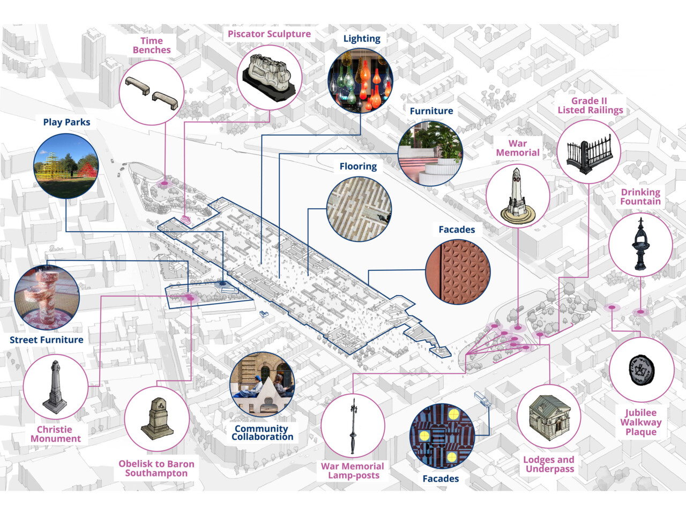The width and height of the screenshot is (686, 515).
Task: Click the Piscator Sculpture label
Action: [x=269, y=34]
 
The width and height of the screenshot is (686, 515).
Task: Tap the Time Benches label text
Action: [x=152, y=46]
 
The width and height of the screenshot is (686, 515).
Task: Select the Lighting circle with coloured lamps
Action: [x=360, y=80]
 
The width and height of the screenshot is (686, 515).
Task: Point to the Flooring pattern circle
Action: [x=359, y=209]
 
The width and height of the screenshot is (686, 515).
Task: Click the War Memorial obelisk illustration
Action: [x=518, y=196]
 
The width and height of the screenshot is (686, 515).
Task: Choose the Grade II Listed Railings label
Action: [x=590, y=106]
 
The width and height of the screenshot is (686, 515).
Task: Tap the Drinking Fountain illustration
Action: [x=640, y=244]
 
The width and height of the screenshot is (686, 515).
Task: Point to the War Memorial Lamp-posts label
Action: [x=353, y=470]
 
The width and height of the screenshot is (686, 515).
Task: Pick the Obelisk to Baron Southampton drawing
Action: [x=157, y=418]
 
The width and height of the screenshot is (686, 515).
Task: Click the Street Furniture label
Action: [x=47, y=340]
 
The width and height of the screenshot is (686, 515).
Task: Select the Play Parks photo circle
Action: [x=66, y=166]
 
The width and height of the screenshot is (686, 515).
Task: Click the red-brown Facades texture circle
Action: [x=458, y=271]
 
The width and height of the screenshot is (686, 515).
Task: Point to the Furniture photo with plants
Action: [x=430, y=153]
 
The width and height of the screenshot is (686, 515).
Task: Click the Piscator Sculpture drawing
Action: [x=270, y=77]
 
